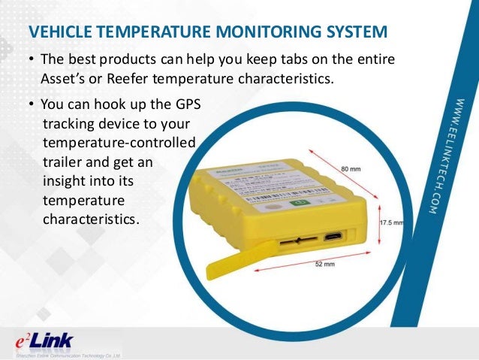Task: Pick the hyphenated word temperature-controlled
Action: coord(119,142)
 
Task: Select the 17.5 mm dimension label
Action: coord(390,222)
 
